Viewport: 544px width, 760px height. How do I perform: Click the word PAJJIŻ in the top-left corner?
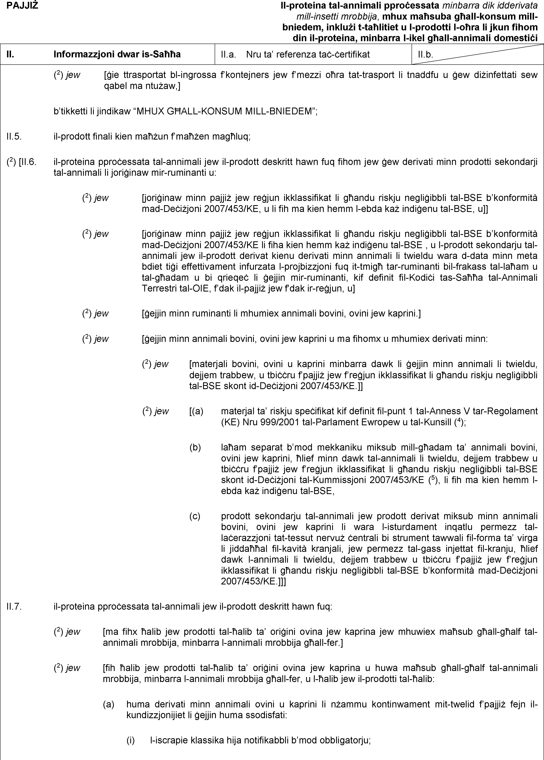tap(22, 6)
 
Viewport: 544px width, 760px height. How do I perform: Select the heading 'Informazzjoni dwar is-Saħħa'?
tap(117, 54)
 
